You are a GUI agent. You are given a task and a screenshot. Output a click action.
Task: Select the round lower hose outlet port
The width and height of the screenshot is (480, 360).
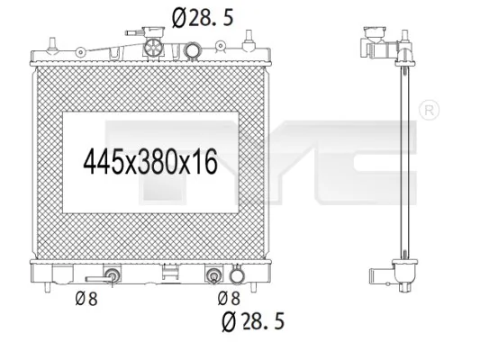pos(238,276)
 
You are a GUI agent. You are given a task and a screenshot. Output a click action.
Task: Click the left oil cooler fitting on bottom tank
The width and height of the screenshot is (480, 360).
pos(113,275)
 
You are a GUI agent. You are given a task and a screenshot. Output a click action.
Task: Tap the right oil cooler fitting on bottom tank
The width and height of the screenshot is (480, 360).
pos(214,275)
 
